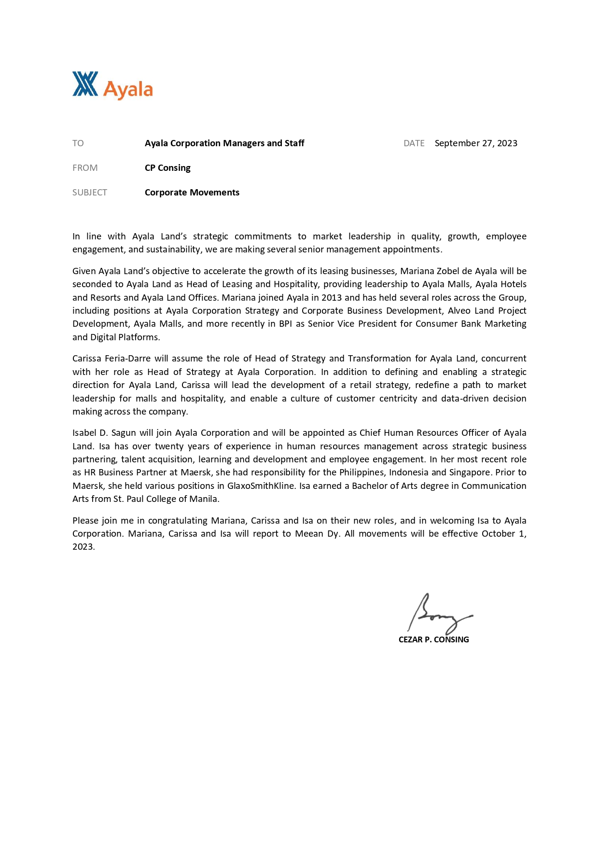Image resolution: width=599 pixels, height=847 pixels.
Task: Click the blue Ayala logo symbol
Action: coord(85,84)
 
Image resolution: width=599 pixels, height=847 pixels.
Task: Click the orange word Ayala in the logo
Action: coord(128,90)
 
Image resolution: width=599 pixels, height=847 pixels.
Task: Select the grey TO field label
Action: coord(78,143)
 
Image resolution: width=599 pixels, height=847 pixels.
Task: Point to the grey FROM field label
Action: coord(85,168)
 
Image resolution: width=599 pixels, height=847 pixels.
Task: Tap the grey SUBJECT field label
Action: coord(90,193)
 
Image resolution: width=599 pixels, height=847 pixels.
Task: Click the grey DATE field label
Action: coord(414,143)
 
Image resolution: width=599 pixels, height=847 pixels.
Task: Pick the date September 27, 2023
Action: coord(475,143)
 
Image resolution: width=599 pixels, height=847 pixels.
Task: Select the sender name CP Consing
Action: coord(167,168)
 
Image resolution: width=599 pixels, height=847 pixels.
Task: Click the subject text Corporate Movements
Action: coord(192,193)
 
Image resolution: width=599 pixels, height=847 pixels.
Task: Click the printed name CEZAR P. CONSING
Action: coord(433,639)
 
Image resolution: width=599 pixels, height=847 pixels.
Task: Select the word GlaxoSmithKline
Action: coord(261,486)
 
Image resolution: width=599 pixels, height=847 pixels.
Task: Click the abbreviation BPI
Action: coord(285,324)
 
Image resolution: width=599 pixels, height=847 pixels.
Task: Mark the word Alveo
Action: coord(459,311)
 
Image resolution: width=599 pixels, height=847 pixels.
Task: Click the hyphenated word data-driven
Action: coord(464,399)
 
